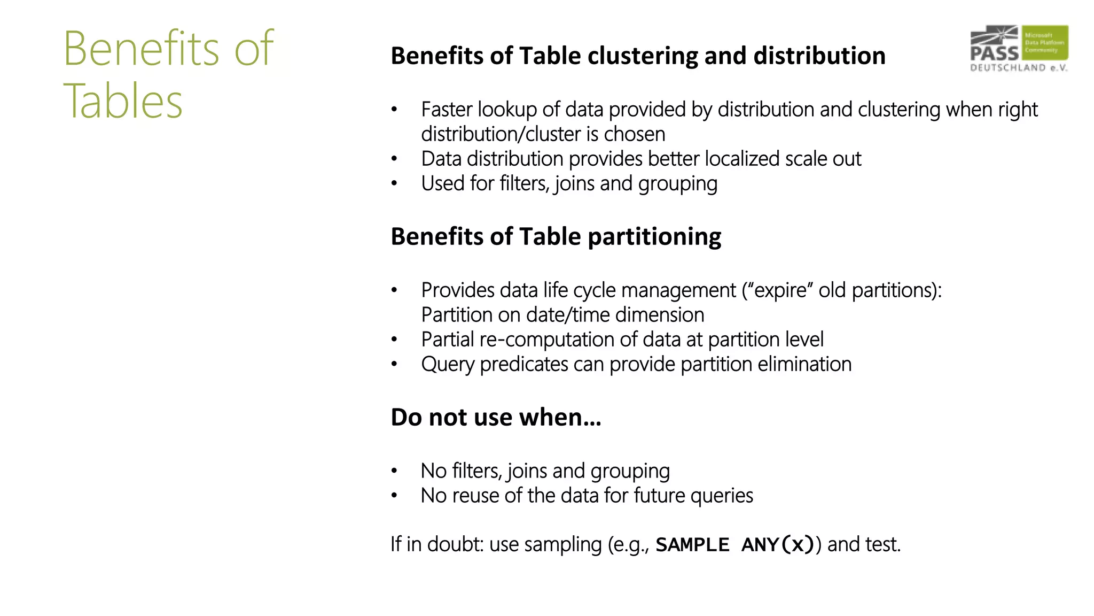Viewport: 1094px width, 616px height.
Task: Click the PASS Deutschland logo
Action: [1019, 48]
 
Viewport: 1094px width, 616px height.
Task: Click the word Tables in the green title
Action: [123, 101]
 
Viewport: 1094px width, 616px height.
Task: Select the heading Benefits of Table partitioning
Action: [556, 236]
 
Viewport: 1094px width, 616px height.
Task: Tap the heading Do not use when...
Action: [496, 417]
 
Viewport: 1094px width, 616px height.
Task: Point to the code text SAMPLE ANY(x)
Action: [734, 545]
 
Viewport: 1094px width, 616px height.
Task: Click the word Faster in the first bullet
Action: [447, 110]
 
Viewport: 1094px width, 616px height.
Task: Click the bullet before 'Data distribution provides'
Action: [394, 159]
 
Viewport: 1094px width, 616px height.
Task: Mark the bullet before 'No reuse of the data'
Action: [394, 496]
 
